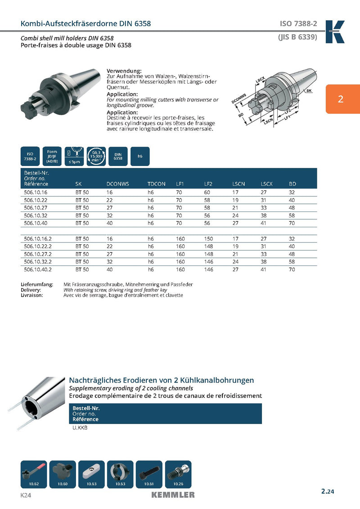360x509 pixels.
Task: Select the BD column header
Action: click(292, 184)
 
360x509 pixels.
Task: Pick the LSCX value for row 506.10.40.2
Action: click(264, 270)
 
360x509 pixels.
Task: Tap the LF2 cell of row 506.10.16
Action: click(207, 192)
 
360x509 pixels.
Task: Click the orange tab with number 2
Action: click(341, 99)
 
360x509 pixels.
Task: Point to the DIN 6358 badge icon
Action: click(118, 156)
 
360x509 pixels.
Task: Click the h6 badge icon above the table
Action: click(140, 156)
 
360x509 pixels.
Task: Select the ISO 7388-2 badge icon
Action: click(30, 156)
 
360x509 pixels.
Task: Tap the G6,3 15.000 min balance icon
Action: click(96, 156)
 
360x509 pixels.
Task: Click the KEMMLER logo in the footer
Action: click(173, 495)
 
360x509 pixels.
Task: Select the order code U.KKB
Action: click(80, 428)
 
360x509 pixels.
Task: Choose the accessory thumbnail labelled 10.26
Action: click(178, 474)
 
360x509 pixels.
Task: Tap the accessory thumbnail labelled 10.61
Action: click(149, 474)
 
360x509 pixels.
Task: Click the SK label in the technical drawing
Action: click(309, 91)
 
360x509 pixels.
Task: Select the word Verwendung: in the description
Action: click(124, 71)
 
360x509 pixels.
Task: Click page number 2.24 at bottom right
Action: click(328, 491)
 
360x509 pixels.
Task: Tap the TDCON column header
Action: click(157, 184)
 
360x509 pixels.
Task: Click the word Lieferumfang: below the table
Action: click(37, 284)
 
